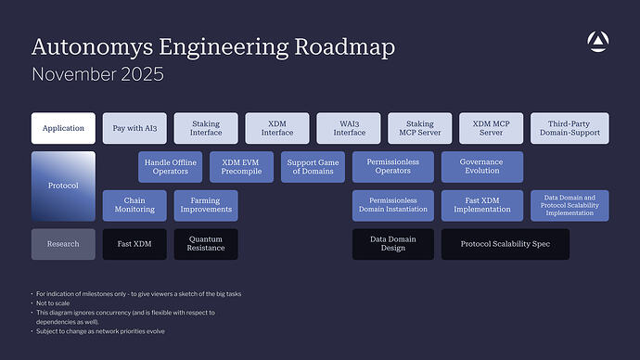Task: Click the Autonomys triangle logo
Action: click(x=598, y=41)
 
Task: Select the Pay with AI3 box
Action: click(x=134, y=128)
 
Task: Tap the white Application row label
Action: click(x=63, y=128)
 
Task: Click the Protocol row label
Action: click(x=63, y=186)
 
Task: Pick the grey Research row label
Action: click(x=63, y=244)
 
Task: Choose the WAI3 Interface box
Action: click(x=348, y=128)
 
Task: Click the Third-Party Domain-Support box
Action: click(x=570, y=128)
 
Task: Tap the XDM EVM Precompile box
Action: click(x=241, y=167)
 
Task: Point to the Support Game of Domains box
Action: click(x=313, y=167)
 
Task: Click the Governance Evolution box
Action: click(x=481, y=167)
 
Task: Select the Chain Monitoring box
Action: click(x=134, y=205)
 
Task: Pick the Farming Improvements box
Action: click(x=205, y=205)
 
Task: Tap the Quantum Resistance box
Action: click(x=205, y=244)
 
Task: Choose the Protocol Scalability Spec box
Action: click(x=505, y=244)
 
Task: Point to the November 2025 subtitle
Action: click(x=97, y=74)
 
